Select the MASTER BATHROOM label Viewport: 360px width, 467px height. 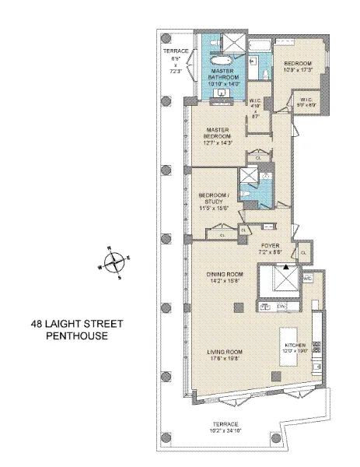pos(222,75)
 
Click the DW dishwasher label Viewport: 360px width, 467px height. pos(282,307)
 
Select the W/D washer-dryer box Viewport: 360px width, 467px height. pos(306,278)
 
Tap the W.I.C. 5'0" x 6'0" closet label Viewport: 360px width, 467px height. pos(303,100)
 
